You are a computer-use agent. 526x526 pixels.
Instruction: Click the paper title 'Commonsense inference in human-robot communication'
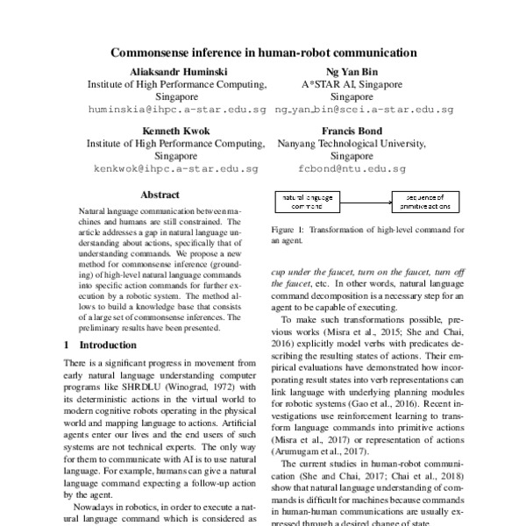(x=263, y=53)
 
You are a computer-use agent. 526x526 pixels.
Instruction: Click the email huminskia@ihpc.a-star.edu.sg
(x=176, y=110)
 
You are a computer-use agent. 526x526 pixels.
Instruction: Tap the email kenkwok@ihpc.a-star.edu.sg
(x=176, y=167)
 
